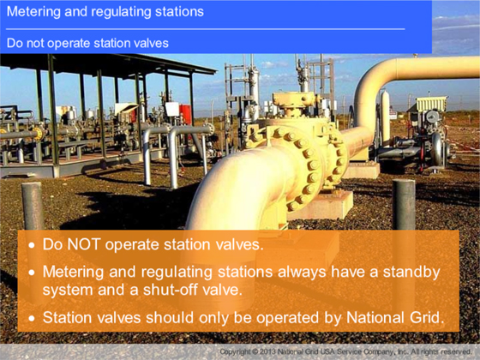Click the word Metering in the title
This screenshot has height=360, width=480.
(x=33, y=12)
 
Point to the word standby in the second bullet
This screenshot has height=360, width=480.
(x=411, y=273)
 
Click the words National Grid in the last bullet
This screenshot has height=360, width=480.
(x=395, y=317)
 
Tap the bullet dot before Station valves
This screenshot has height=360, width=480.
(x=32, y=318)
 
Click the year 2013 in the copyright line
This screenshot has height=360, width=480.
(x=267, y=351)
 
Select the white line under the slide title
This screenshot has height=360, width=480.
(x=205, y=29)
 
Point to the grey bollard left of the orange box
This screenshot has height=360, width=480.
(x=33, y=206)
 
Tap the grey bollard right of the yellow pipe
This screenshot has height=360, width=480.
(x=404, y=204)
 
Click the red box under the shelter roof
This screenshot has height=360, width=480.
(x=185, y=114)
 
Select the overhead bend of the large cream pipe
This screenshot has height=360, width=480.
(x=376, y=80)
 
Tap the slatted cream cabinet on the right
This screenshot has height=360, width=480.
(x=432, y=104)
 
